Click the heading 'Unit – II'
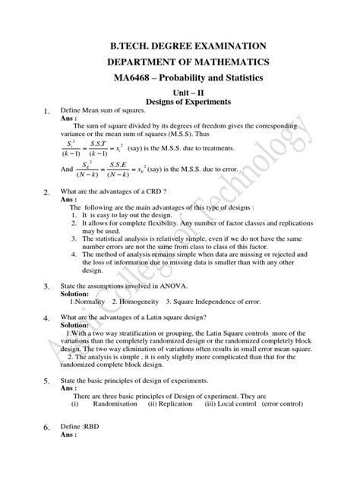point(179,93)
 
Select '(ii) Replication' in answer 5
point(172,404)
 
